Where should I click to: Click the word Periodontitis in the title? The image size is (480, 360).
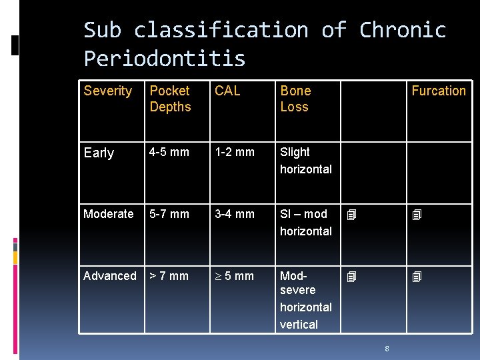165,59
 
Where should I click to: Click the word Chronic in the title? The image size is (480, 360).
402,30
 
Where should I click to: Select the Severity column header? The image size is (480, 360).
108,91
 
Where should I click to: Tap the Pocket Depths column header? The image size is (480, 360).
170,99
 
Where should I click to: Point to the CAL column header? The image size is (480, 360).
227,91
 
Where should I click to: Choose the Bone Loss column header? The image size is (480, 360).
295,99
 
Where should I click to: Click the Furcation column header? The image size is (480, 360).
438,91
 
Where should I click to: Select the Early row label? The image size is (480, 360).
99,153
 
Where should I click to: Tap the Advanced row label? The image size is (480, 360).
109,276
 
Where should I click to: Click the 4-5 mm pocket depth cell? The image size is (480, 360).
169,152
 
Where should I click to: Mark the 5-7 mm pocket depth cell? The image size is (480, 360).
169,214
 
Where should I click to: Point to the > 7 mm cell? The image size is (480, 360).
169,276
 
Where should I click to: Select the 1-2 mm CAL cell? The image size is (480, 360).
234,152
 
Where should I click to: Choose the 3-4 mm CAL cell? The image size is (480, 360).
234,214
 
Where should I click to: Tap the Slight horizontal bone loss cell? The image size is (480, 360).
305,161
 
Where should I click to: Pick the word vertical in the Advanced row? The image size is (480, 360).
299,325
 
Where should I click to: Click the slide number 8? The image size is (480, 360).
387,347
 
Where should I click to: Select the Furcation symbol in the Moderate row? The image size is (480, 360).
417,215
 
